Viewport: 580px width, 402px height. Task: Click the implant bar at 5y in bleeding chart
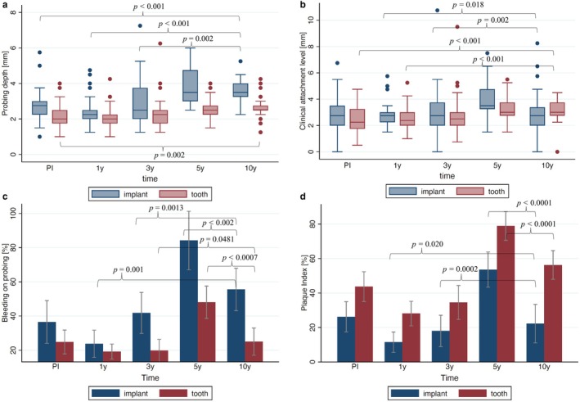189,301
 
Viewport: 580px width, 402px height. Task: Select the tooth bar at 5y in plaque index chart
506,294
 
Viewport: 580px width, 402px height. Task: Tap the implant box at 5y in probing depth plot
190,85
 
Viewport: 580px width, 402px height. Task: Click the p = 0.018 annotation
468,5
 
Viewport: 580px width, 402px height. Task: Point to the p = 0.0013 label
166,209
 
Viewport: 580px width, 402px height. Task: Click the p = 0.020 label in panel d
427,244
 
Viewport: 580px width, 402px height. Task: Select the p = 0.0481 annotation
217,240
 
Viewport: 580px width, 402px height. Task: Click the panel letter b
303,4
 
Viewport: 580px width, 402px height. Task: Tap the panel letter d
303,196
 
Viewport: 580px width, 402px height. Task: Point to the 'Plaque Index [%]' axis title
304,283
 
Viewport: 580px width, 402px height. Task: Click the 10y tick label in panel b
547,165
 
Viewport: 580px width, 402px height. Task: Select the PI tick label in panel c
56,367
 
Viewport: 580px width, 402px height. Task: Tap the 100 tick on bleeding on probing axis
16,214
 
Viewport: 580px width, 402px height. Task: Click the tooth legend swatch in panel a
173,194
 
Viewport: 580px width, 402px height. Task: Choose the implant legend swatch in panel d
405,393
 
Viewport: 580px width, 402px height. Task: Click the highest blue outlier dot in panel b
437,11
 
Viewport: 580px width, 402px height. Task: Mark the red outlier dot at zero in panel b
557,151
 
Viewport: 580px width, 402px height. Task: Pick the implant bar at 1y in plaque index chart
393,352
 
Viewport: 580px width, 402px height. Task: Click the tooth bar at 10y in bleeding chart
254,352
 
